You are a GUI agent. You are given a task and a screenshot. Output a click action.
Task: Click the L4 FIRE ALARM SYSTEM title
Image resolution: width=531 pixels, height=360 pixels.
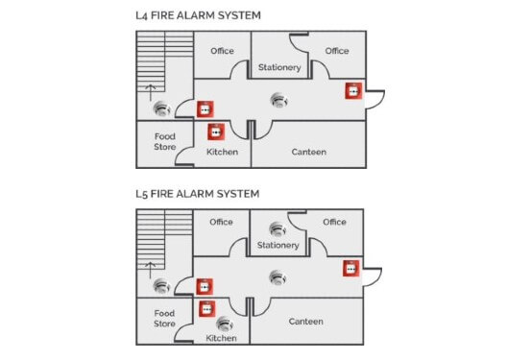point(198,16)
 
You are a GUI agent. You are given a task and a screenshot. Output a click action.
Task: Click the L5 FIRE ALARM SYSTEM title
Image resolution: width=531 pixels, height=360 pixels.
point(198,193)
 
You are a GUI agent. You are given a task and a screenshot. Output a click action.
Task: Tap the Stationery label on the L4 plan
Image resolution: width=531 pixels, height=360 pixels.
point(279,67)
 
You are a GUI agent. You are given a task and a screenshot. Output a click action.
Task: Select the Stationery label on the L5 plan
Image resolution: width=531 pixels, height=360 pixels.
point(278,245)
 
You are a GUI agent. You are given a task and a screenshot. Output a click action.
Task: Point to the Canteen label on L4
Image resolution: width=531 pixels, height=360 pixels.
point(308,152)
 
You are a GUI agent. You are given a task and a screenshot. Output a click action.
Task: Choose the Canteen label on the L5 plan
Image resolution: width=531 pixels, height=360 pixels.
point(305,322)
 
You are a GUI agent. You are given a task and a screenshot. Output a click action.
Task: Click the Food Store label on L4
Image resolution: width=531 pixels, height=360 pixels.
point(165,142)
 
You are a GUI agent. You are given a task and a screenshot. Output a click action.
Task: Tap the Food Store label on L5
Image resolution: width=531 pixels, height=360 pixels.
point(165,319)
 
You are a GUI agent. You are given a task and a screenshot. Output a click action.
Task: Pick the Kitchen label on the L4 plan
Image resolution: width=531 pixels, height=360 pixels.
point(222,152)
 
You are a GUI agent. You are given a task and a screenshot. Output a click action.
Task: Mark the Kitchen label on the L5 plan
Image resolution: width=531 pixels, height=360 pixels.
point(222,338)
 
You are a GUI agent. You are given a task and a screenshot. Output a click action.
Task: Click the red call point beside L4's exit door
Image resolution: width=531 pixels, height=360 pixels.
point(352,91)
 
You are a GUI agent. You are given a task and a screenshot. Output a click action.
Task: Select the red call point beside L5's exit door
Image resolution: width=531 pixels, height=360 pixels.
point(351,267)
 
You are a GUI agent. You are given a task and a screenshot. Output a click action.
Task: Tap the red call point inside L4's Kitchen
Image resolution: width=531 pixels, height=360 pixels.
point(216,131)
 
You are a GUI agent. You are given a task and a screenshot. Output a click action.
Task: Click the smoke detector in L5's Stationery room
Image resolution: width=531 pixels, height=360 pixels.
point(278,229)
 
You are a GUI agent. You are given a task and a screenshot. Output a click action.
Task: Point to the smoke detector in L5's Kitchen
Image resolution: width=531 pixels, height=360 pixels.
point(224,323)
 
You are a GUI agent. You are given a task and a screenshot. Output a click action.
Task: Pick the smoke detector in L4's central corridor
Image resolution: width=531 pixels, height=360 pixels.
point(278,99)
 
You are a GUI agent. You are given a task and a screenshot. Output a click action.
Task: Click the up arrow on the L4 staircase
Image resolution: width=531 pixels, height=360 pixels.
point(149,90)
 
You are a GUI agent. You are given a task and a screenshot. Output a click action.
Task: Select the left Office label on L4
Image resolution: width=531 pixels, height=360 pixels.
point(222,51)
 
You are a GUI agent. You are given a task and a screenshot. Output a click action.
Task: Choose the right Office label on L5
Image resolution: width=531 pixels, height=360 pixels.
point(334,222)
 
